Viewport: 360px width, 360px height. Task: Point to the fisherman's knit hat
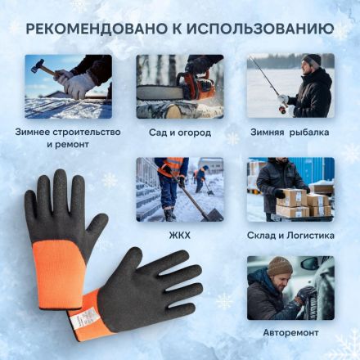point(312,61)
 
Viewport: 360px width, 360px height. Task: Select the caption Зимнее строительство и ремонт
point(68,137)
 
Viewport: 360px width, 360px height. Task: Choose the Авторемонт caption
point(290,334)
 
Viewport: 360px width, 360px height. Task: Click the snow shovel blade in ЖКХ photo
point(210,214)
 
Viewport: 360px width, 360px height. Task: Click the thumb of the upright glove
point(97,226)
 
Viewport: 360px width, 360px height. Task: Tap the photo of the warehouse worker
point(290,189)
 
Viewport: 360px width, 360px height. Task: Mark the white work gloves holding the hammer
point(79,83)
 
